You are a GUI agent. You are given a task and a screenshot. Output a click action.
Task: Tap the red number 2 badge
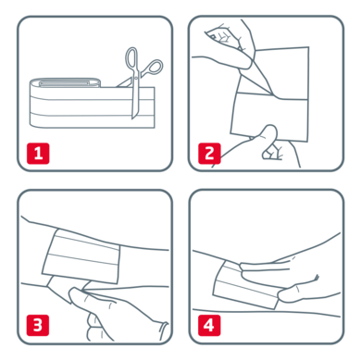(208, 152)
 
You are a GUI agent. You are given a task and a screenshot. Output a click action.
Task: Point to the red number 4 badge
(208, 324)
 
